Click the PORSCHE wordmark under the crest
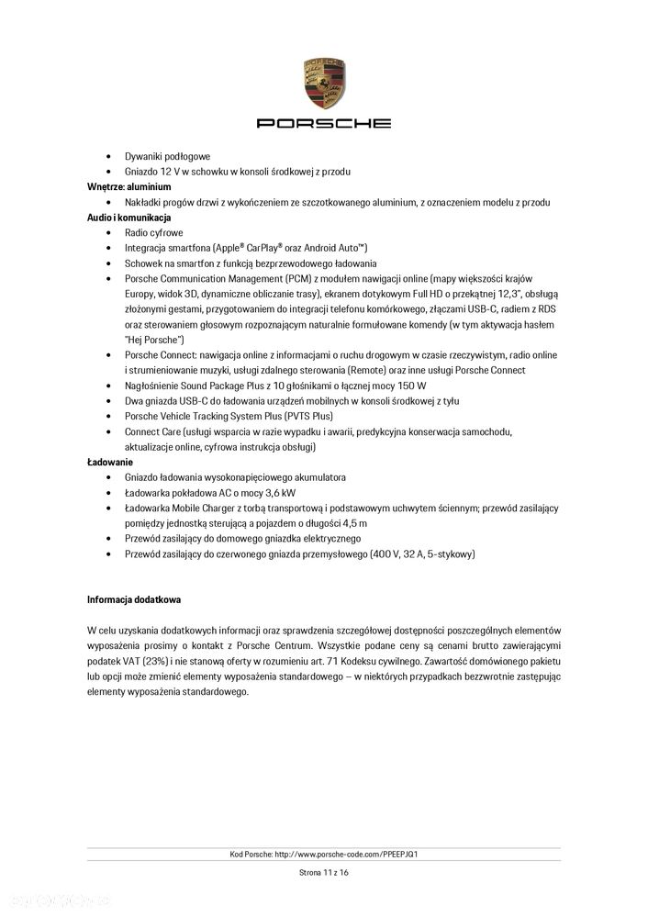click(x=323, y=123)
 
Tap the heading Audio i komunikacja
click(x=129, y=218)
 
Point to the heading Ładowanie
click(x=110, y=462)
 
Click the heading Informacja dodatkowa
click(x=134, y=599)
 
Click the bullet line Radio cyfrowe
click(x=154, y=233)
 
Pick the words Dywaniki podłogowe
click(x=167, y=156)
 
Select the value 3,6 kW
click(x=266, y=493)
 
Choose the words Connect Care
click(x=152, y=431)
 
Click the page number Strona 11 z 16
click(x=323, y=873)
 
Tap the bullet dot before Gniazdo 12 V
click(x=111, y=172)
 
